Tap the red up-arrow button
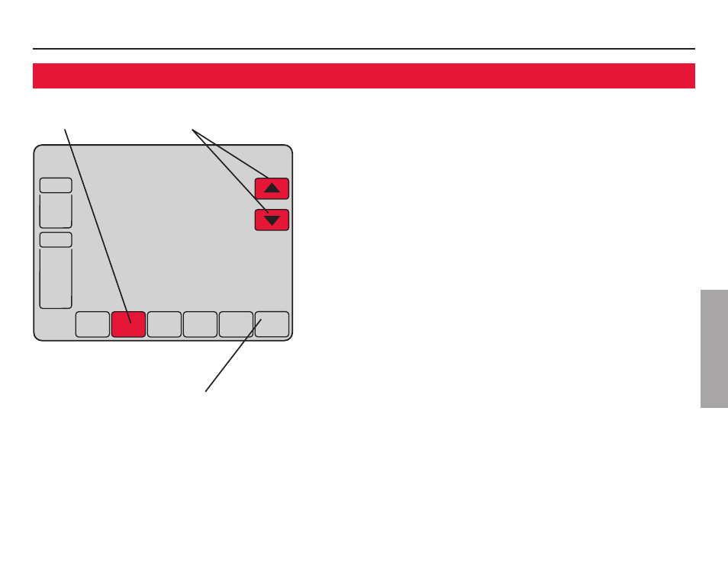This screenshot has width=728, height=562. point(272,188)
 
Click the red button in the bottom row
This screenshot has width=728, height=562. point(128,324)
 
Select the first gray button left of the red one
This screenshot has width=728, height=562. point(92,324)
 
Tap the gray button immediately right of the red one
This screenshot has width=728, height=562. point(164,324)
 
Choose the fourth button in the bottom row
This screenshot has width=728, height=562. point(200,324)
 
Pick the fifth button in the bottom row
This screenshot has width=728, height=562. point(236,324)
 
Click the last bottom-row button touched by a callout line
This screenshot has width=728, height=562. point(273,324)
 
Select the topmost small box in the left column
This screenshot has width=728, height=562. point(56,185)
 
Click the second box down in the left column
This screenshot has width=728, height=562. point(56,210)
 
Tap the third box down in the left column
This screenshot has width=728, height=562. point(56,239)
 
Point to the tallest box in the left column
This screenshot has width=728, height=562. point(56,278)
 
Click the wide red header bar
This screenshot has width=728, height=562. point(363,75)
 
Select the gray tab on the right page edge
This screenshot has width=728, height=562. point(713,348)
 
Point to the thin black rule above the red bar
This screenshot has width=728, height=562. point(363,49)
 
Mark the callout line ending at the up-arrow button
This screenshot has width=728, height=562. point(229,152)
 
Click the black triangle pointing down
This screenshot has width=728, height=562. point(272,221)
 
